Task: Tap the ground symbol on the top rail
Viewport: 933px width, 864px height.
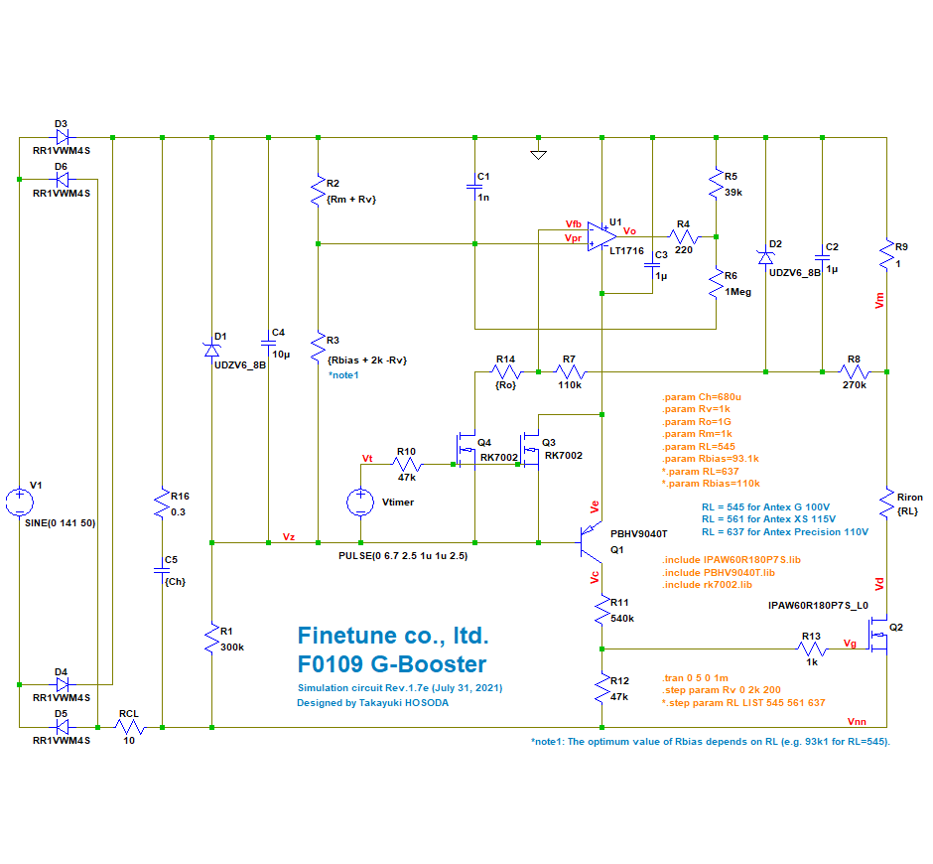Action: point(537,153)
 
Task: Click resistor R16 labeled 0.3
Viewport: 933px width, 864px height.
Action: point(162,506)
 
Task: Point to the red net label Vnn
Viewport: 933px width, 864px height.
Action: point(858,721)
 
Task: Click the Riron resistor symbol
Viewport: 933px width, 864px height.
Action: point(887,504)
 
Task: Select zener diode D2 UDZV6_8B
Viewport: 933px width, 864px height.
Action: point(765,255)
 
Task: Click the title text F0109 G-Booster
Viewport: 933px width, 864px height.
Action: point(392,663)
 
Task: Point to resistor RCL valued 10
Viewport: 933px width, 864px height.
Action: point(129,727)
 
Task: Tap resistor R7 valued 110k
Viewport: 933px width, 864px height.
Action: point(570,371)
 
